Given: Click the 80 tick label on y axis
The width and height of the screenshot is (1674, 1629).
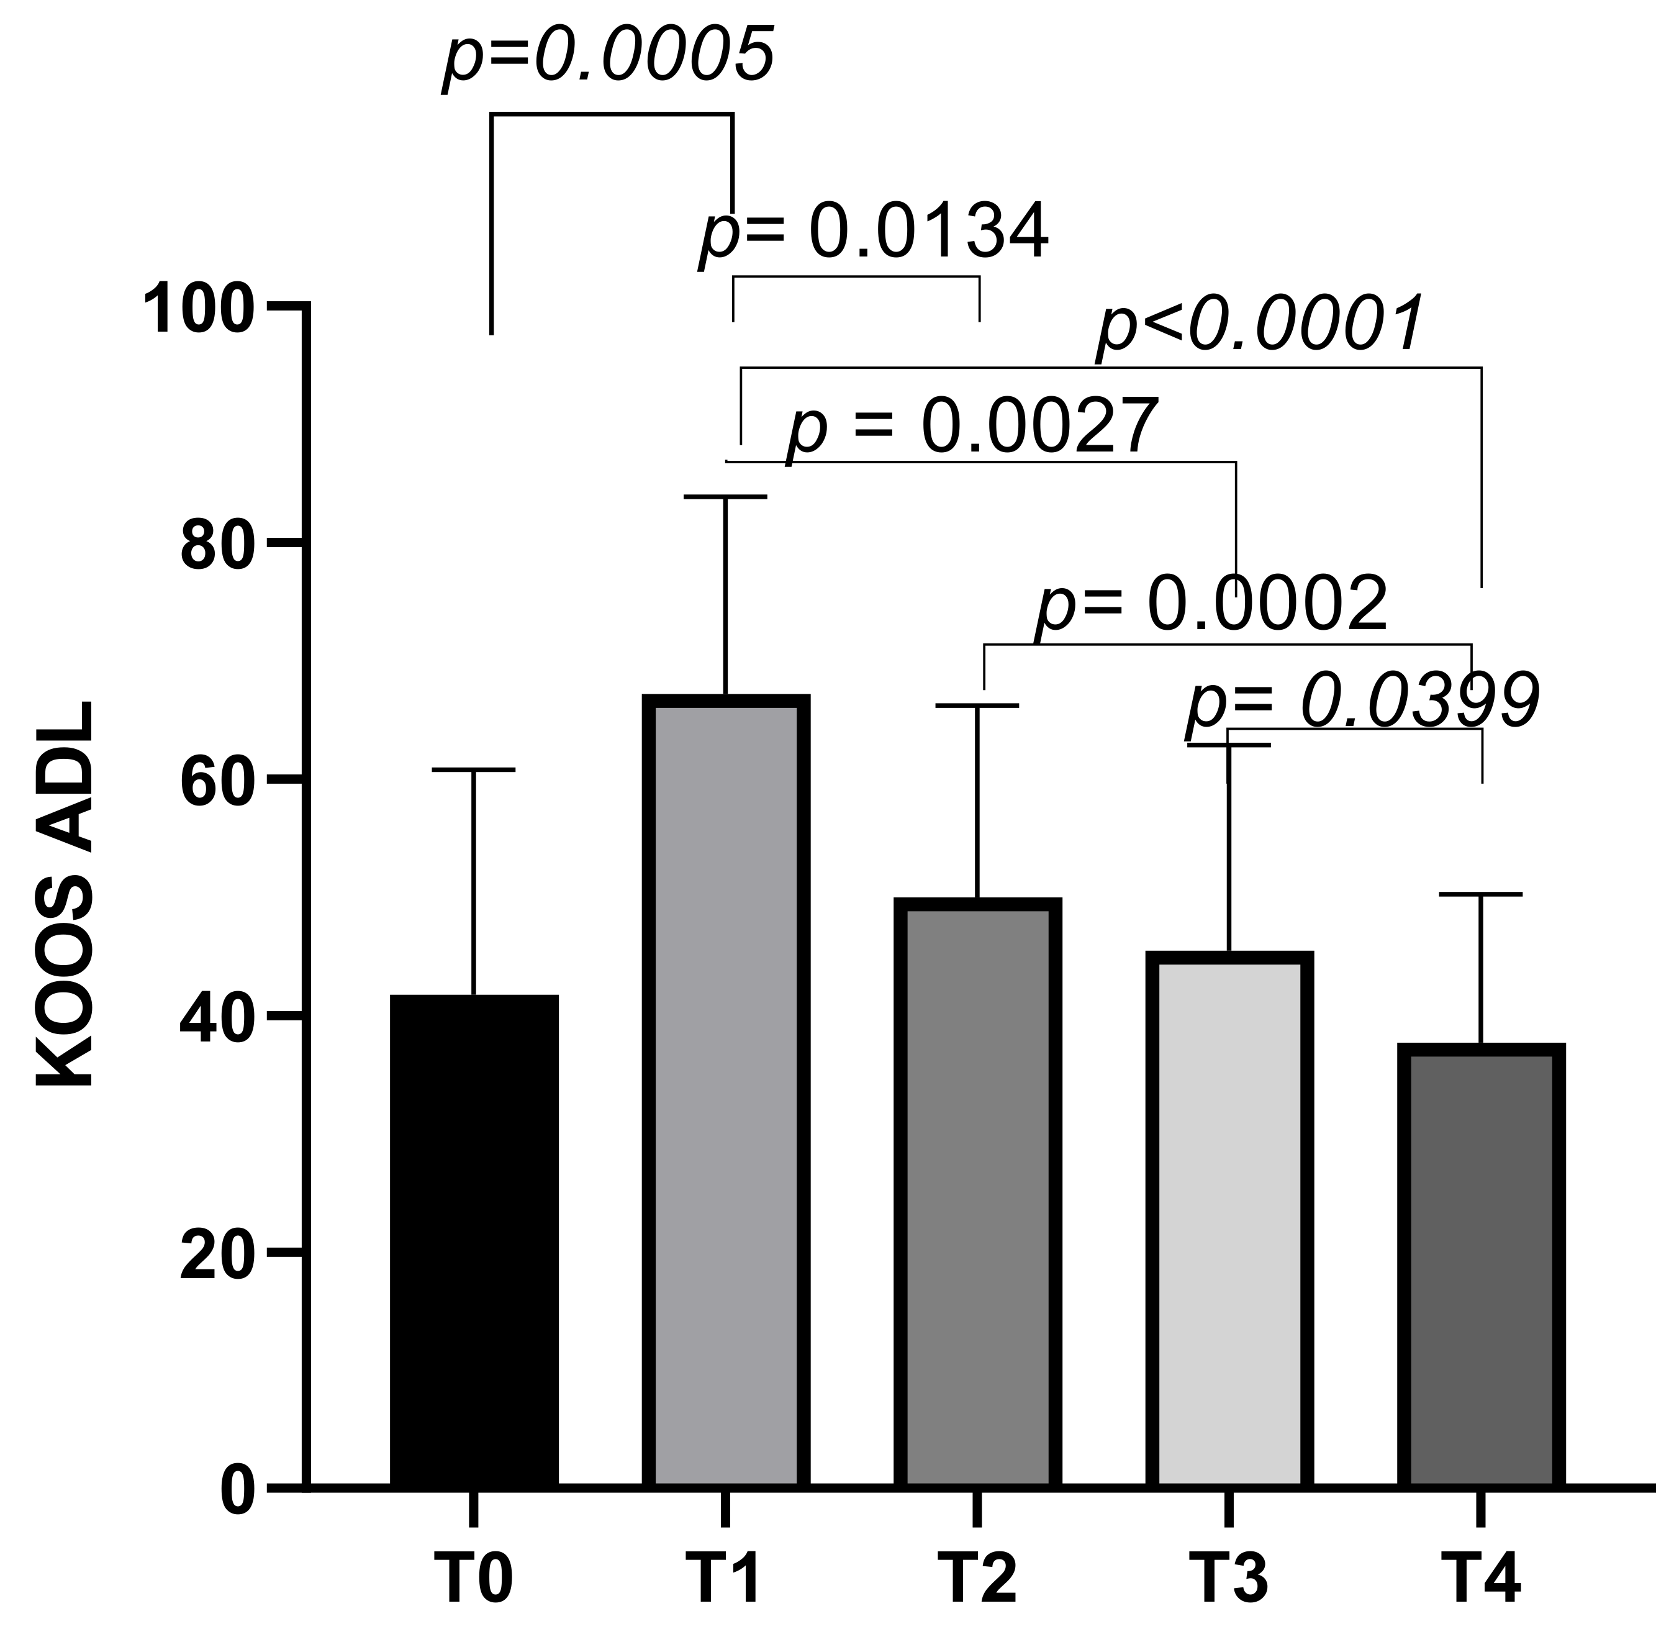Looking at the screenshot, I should tap(217, 548).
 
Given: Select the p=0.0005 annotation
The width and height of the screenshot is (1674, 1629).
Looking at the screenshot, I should tap(609, 57).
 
